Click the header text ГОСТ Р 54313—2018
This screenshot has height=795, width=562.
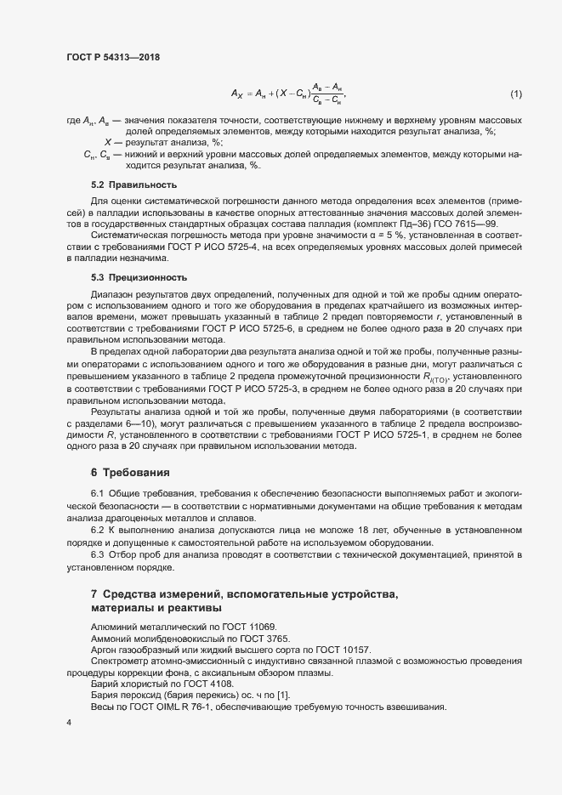coord(113,57)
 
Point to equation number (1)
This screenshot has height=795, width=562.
coord(515,93)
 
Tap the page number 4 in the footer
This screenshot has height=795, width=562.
coord(68,722)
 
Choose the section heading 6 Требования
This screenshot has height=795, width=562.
coord(130,471)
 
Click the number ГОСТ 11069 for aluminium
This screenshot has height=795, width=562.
coord(203,626)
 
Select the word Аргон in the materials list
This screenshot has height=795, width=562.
coord(105,650)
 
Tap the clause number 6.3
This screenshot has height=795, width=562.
coord(98,554)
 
